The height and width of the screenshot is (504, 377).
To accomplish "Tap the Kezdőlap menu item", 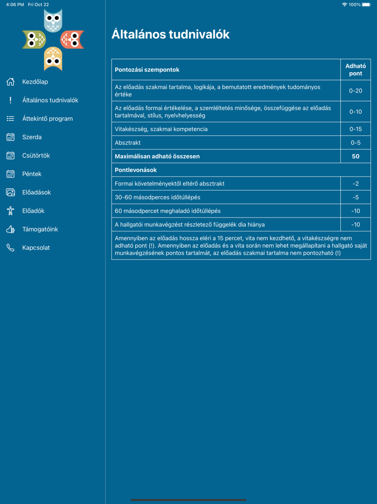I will point(35,82).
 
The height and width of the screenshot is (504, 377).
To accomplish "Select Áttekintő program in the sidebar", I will point(47,119).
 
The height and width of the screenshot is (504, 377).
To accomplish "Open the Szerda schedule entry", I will point(32,137).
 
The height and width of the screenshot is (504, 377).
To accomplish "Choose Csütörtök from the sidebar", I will point(36,155).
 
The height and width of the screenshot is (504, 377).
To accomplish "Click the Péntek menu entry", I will point(32,174).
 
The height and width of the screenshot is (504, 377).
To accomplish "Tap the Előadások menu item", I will point(37,192).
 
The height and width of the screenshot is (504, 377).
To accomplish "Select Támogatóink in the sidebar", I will point(40,229).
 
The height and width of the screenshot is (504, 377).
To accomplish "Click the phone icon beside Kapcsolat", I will point(10,248).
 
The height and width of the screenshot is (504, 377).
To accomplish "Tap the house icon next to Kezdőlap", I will point(10,82).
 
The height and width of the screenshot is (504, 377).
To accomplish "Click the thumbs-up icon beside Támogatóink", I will point(10,229).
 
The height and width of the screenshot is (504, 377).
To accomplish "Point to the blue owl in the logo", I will point(53,21).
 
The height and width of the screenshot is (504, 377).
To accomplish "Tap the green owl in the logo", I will point(33,39).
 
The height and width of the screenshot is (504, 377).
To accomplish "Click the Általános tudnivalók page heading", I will point(170,35).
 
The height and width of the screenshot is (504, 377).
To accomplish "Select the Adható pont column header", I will point(355,70).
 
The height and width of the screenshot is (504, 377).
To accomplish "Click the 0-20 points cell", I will point(355,91).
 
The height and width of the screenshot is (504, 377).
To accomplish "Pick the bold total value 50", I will point(355,156).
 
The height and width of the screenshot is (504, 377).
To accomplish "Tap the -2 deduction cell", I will point(355,183).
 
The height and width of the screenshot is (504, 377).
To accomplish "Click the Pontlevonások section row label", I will point(136,170).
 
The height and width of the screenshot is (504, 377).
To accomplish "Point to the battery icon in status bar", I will point(366,4).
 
